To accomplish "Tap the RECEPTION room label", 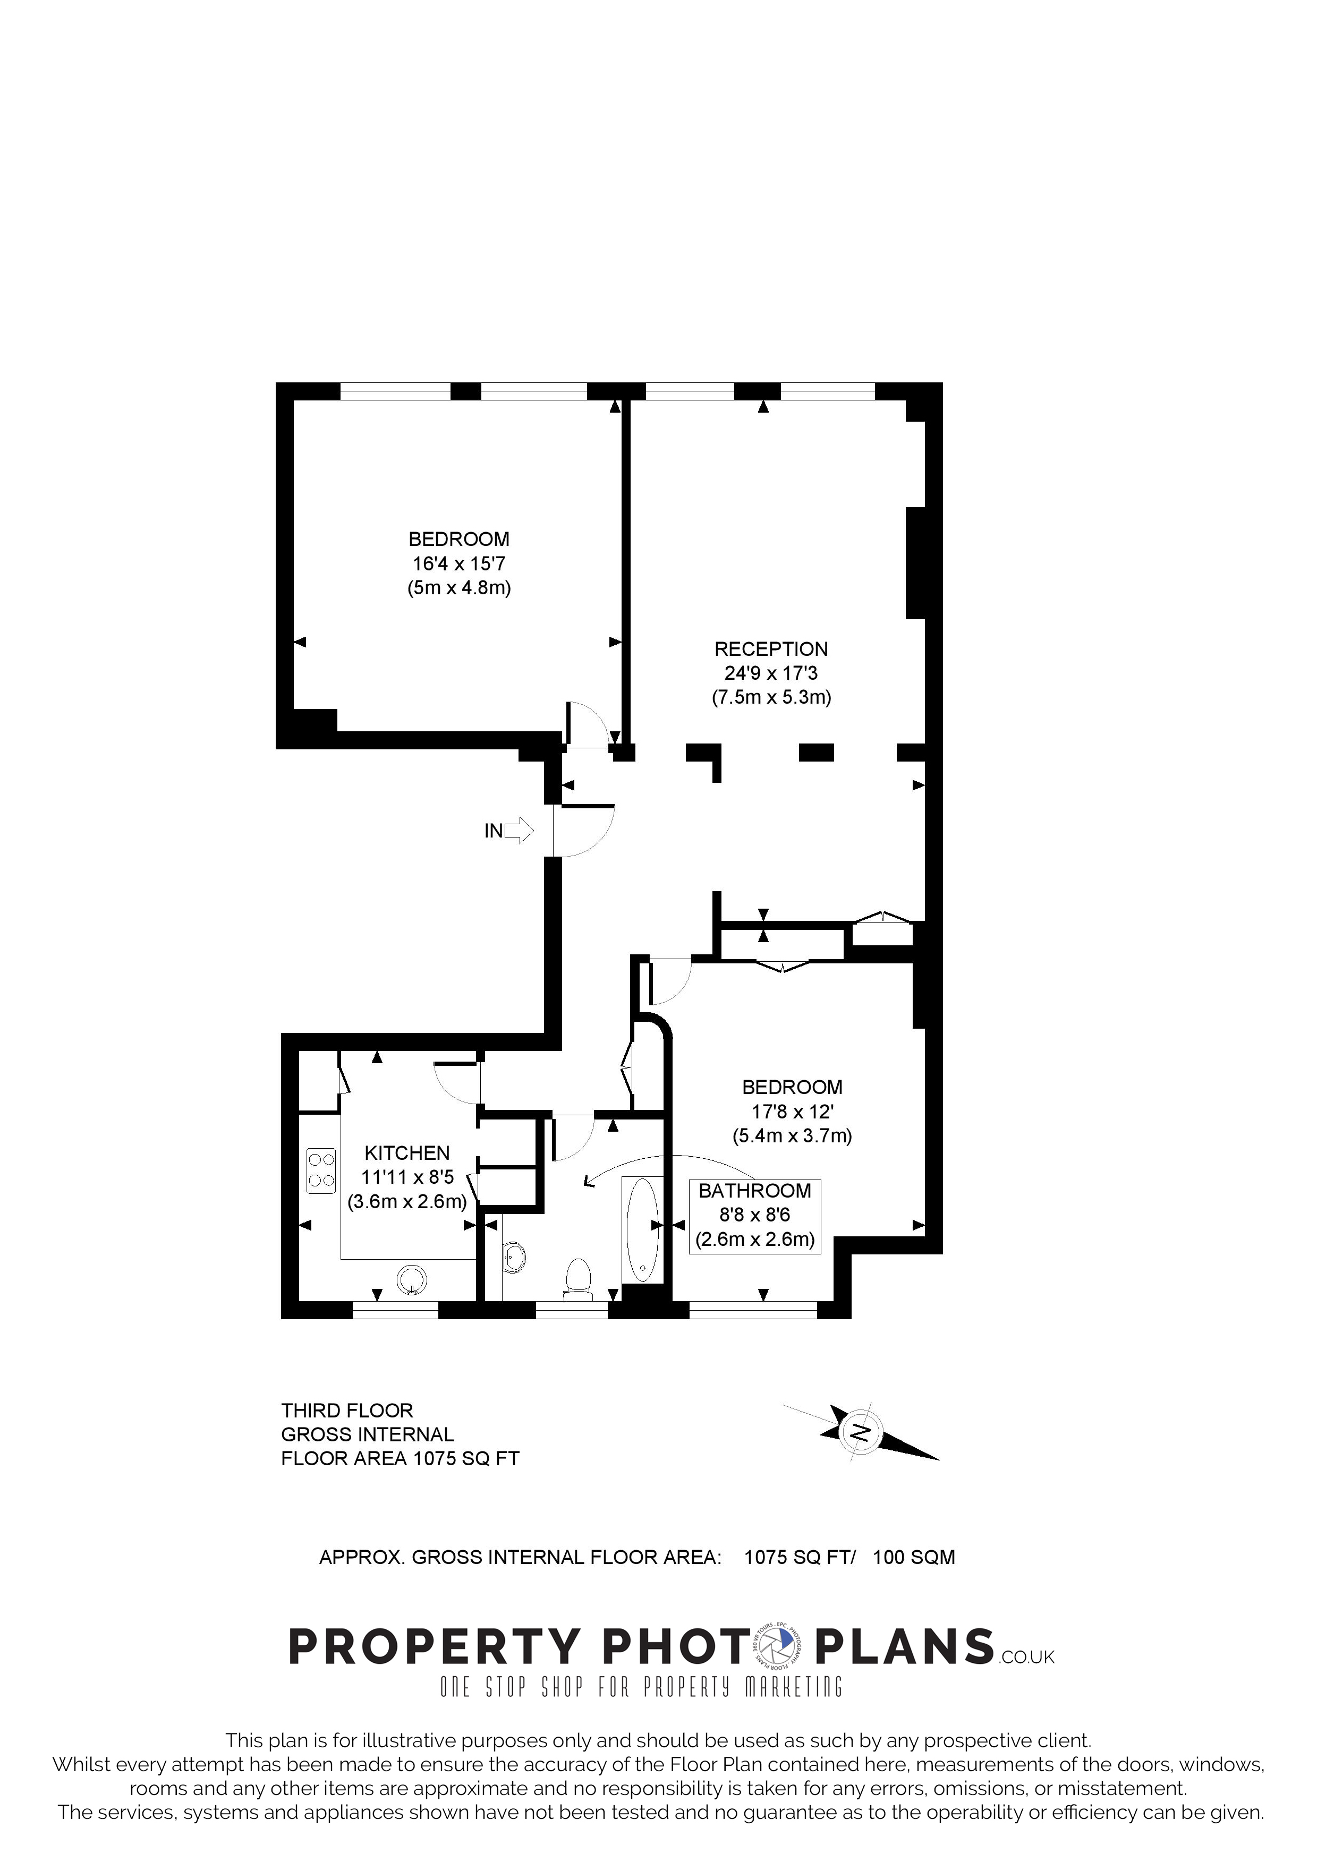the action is (x=771, y=649).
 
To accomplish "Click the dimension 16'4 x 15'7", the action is (x=460, y=563).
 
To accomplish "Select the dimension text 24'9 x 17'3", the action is (x=771, y=673).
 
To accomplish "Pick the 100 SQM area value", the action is (x=914, y=1557).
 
